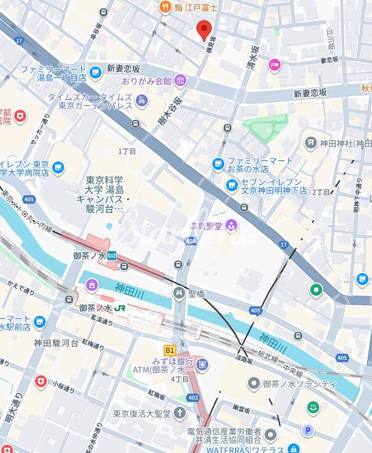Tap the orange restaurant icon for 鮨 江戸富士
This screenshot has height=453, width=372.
(164, 7)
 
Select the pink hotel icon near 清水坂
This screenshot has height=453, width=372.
(274, 64)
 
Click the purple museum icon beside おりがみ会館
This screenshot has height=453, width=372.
(180, 81)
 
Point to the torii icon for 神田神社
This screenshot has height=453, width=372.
(310, 142)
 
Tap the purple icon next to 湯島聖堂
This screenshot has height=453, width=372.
(231, 225)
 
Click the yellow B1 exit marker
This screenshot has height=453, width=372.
(170, 350)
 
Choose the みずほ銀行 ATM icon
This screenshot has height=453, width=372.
(201, 362)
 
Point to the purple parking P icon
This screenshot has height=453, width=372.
(307, 430)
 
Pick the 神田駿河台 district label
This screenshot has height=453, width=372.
(56, 343)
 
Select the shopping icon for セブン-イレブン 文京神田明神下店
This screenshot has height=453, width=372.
(232, 186)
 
